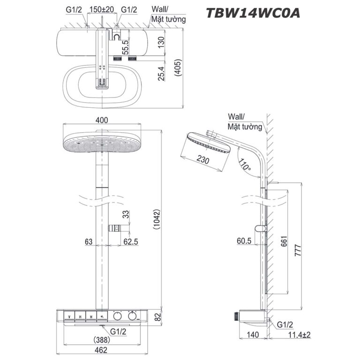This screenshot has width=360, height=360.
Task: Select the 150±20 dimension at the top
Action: coord(102,9)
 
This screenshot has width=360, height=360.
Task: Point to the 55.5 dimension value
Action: coord(126,48)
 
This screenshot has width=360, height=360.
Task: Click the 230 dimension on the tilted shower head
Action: coord(203,160)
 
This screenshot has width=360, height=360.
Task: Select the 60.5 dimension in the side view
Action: coord(244,241)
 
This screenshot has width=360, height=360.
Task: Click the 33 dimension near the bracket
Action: coord(125,214)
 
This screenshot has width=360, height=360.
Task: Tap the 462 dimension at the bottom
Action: coord(101,350)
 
